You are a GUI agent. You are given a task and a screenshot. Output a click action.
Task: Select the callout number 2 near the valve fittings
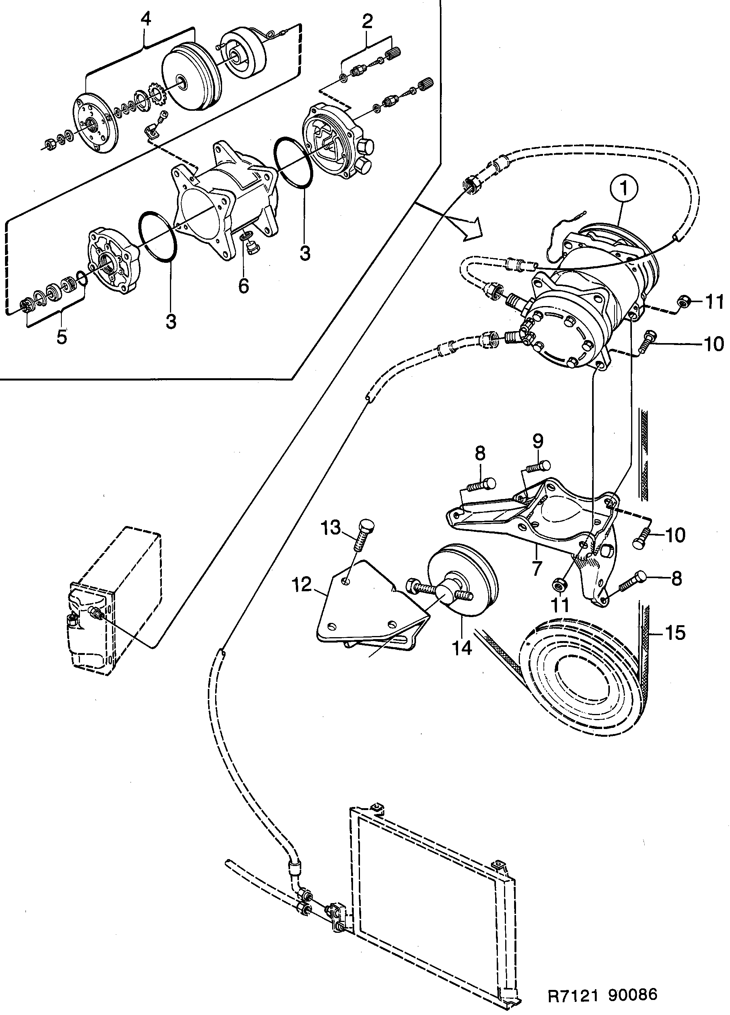point(367,22)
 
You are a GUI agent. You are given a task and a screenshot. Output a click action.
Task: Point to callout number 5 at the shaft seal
point(62,337)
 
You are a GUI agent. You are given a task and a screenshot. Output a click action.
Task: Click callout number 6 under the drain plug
point(243,285)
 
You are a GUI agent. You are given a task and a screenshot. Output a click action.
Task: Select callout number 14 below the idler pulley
point(462,648)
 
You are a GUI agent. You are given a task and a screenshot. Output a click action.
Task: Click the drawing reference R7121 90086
point(603,995)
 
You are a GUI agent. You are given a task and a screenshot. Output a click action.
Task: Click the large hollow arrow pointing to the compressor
point(470,228)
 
